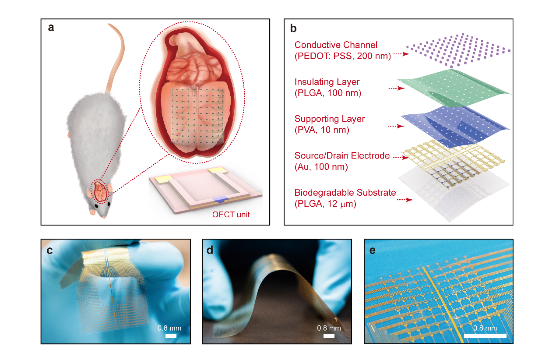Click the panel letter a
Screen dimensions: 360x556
point(51,28)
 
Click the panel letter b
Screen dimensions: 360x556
point(293,29)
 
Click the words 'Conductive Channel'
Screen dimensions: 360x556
point(336,45)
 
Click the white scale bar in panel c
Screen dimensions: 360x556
point(171,336)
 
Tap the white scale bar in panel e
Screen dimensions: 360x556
point(485,336)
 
